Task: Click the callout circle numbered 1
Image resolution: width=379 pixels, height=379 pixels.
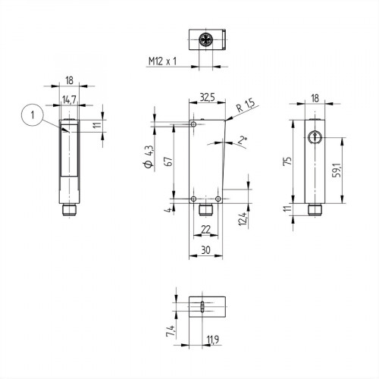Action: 31,115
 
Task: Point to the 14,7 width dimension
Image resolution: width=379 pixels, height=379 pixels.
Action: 68,99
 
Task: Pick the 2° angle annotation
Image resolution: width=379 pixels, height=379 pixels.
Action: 242,139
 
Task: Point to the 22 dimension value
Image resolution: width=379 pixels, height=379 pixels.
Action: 205,229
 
